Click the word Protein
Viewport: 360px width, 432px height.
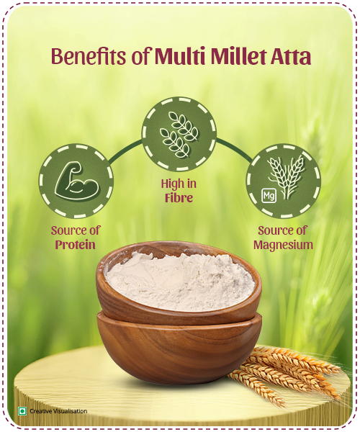coord(76,245)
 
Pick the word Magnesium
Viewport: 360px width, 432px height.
coord(283,245)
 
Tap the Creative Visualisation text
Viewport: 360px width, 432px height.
coord(58,411)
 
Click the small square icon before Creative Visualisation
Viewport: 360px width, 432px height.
coord(22,411)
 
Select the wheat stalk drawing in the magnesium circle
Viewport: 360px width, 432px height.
coord(287,176)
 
